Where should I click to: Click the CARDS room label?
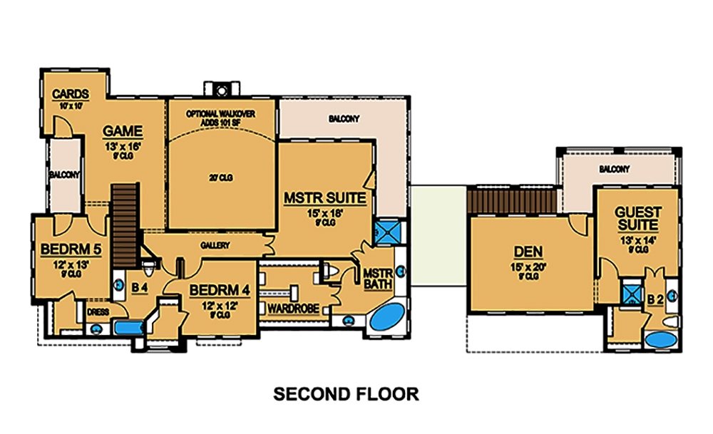(x=71, y=94)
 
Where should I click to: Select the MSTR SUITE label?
(x=325, y=197)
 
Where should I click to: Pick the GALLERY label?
(x=219, y=245)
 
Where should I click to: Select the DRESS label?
(x=98, y=311)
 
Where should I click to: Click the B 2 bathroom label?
(x=655, y=299)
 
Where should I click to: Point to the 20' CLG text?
(x=220, y=177)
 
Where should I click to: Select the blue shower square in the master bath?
(x=387, y=232)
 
